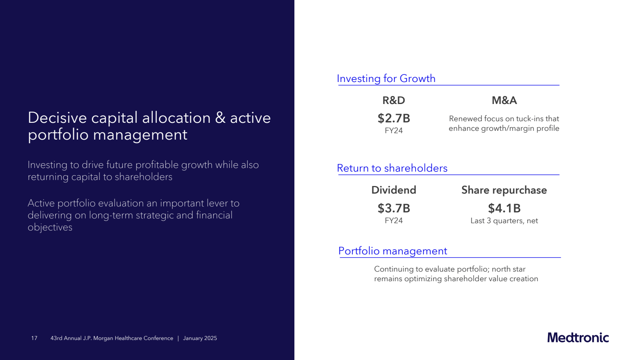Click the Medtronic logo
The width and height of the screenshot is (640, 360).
point(578,338)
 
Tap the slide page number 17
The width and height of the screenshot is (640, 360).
point(34,338)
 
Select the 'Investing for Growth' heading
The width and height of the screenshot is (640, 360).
point(386,78)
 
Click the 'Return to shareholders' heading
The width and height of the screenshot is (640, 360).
point(392,168)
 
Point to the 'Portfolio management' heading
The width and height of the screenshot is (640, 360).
point(392,251)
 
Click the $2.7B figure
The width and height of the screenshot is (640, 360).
point(394,118)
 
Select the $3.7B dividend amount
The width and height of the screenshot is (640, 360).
point(394,208)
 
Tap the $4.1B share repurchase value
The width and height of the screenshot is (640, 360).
point(504,208)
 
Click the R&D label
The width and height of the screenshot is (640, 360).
point(394,100)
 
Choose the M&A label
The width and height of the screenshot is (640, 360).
point(504,100)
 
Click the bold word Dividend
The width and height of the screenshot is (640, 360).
point(394,190)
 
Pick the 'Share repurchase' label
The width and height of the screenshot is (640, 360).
point(504,190)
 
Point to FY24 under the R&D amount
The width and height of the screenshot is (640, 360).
point(394,130)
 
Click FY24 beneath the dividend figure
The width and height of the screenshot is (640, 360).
point(394,220)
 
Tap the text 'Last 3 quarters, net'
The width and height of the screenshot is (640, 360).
point(504,221)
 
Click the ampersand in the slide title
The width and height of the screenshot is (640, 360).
point(220,118)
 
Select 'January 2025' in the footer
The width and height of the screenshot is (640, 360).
point(200,338)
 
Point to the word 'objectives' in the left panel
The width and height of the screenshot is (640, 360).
point(50,228)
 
